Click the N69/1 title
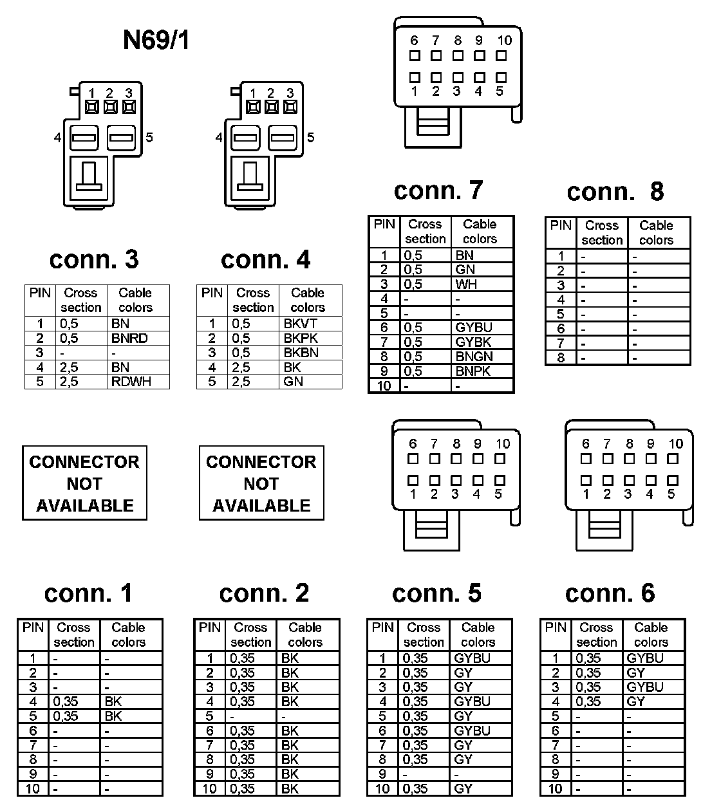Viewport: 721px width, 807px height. (x=156, y=41)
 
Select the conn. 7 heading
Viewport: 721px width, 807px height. (x=438, y=190)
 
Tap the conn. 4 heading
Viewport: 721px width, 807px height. (x=265, y=259)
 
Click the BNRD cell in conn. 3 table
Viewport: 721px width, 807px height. (x=129, y=339)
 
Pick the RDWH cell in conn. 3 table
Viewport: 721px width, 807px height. (x=131, y=382)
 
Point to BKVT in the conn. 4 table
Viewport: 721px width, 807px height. (x=300, y=324)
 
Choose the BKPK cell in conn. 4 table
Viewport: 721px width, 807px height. (x=301, y=339)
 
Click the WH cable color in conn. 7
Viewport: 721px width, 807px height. (x=465, y=284)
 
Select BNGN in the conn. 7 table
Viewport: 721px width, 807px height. (x=474, y=357)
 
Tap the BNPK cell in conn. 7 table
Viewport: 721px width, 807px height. (x=473, y=371)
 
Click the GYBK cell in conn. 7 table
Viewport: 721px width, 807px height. (x=473, y=342)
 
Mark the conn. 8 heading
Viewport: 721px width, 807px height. (x=615, y=191)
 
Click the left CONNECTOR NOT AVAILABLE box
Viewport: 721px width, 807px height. (x=84, y=483)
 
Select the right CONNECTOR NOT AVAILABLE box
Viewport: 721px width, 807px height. (x=261, y=483)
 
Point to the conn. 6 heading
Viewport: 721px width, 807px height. (x=610, y=593)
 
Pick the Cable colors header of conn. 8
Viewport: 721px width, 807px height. (x=656, y=233)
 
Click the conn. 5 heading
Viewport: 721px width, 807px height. (x=436, y=593)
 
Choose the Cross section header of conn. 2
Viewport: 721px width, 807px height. (x=250, y=635)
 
